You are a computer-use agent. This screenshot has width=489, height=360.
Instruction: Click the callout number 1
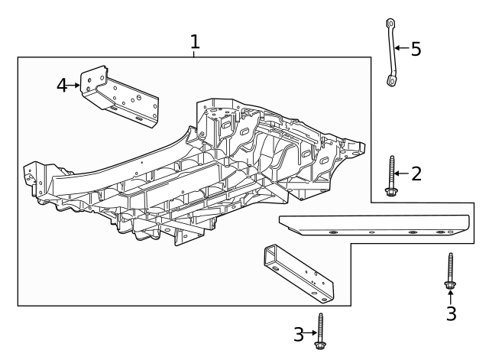tap(195, 41)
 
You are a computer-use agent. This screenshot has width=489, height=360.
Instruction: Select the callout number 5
tap(416, 49)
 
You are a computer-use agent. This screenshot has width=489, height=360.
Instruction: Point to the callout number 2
tap(416, 174)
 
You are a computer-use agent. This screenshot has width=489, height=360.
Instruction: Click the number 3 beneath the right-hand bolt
tap(451, 313)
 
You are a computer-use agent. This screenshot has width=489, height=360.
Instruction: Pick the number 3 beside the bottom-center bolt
tap(300, 334)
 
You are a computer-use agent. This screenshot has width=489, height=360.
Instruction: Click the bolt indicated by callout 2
tap(391, 177)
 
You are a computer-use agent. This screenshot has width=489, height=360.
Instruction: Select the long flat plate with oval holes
tap(374, 225)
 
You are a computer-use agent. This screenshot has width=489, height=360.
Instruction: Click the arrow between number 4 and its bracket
tap(75, 86)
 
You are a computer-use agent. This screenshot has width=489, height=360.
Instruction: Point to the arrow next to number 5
tap(402, 49)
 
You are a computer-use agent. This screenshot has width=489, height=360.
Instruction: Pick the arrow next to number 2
tap(403, 174)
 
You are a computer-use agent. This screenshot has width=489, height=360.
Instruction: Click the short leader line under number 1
tap(195, 54)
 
